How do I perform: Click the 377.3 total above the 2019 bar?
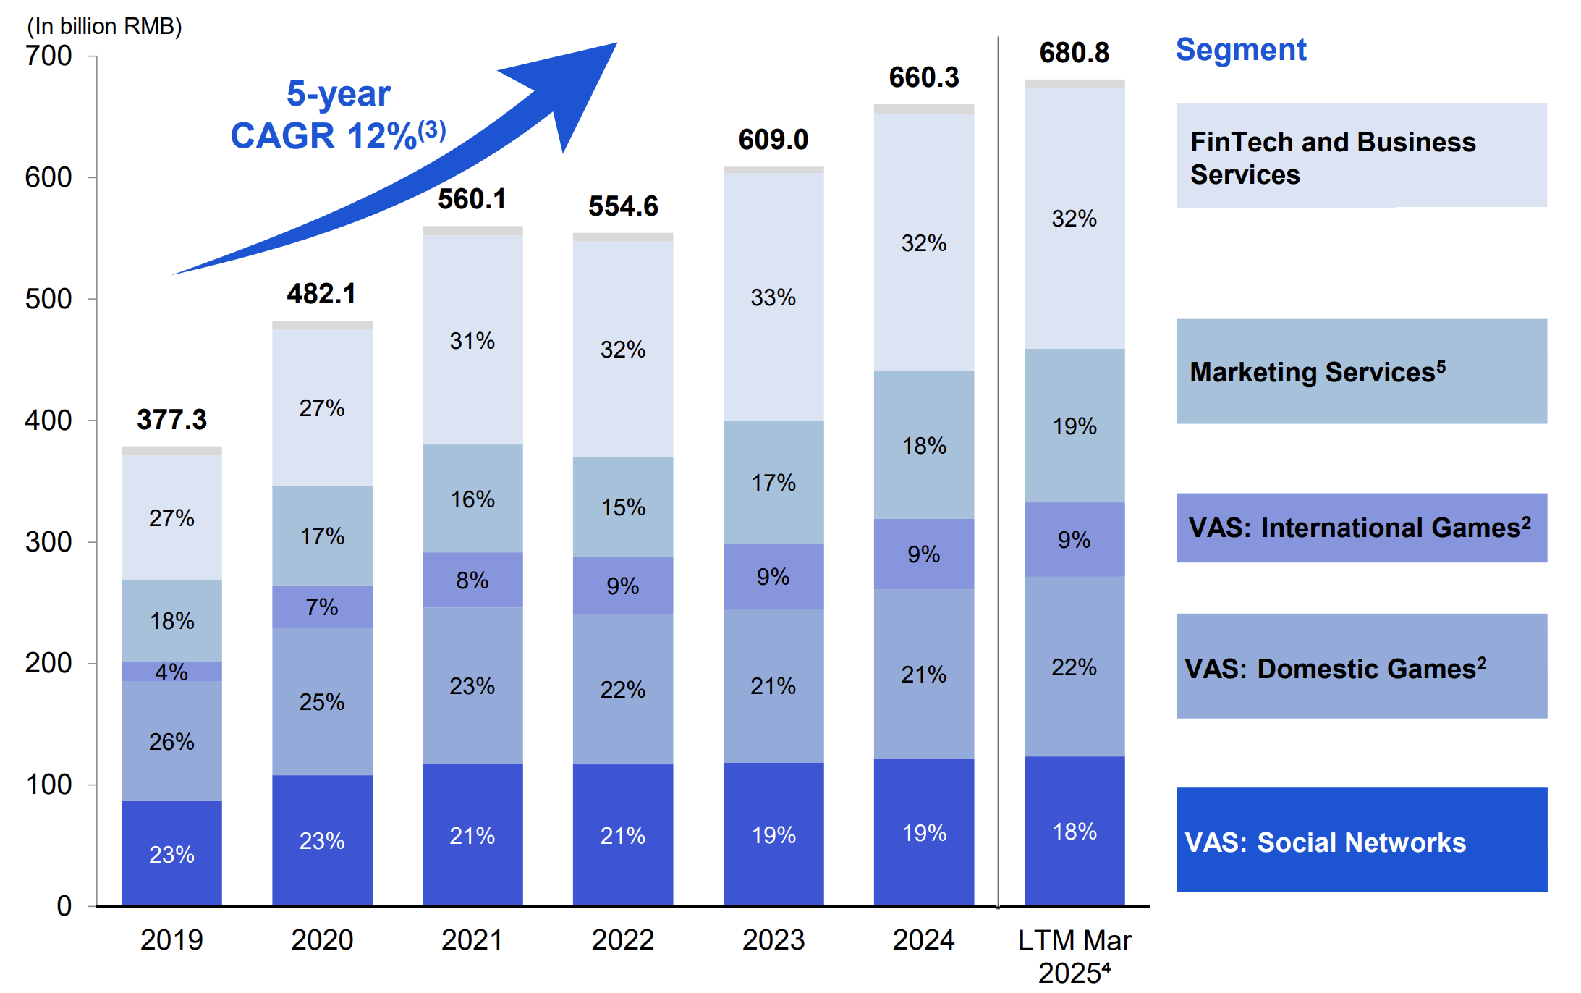(171, 420)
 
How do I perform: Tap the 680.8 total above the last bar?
(1074, 53)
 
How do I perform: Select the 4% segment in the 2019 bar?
(171, 672)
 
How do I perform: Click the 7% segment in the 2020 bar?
(322, 607)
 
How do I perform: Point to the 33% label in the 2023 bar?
(773, 297)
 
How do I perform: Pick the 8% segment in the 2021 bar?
(472, 580)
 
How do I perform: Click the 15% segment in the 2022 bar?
(623, 507)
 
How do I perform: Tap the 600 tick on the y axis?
(48, 177)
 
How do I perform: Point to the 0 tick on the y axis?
(64, 906)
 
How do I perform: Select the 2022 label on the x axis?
(623, 940)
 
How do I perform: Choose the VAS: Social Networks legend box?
(1361, 840)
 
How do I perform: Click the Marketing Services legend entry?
(1361, 371)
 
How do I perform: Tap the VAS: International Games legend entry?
(1361, 528)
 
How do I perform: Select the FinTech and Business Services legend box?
(1361, 156)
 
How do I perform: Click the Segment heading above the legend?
(1240, 50)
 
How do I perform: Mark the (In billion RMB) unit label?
(104, 26)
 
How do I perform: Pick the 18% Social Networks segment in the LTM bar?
(1074, 832)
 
